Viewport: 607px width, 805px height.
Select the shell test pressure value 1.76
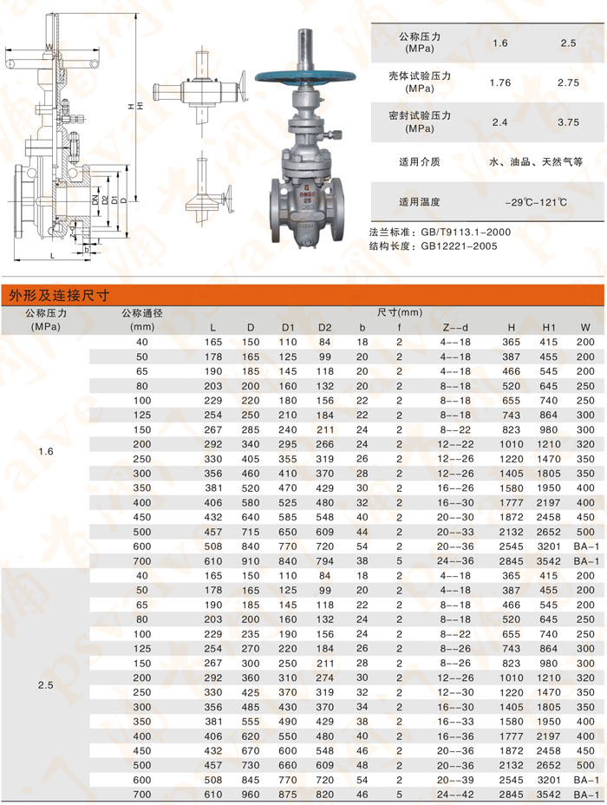(x=499, y=83)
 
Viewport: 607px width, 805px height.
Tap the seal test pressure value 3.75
(x=568, y=122)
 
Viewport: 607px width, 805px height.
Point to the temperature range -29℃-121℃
(x=535, y=202)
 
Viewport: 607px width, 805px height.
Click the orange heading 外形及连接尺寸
(x=58, y=295)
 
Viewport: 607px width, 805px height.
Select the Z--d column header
(x=455, y=327)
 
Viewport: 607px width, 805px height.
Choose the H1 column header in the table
(x=548, y=327)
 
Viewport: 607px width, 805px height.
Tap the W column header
(x=586, y=327)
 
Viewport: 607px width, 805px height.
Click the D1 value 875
(x=288, y=795)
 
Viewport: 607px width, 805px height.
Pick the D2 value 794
(x=324, y=561)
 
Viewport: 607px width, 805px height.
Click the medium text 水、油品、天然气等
(x=535, y=161)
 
